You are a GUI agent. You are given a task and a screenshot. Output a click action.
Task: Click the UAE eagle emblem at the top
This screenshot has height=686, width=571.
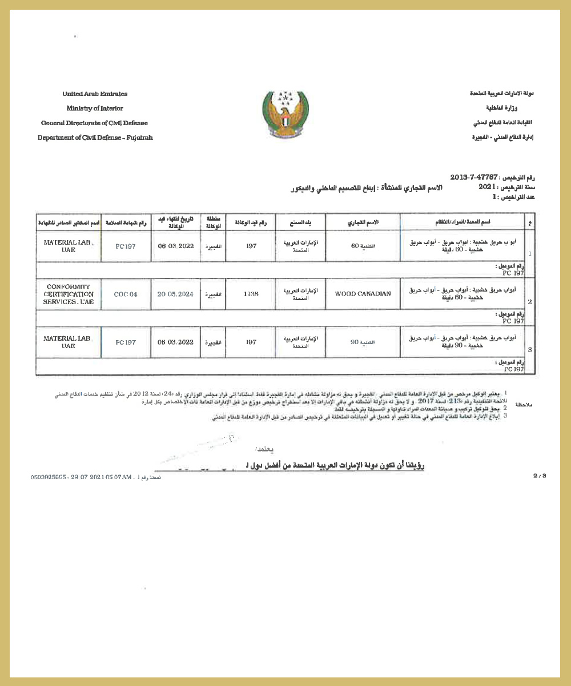coord(285,115)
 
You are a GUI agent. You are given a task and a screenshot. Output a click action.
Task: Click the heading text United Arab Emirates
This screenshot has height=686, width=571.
coord(95,94)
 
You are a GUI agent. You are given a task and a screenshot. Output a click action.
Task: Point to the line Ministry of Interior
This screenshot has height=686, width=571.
coord(95,108)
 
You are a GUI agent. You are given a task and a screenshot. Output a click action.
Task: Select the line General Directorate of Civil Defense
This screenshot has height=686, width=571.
coord(94,123)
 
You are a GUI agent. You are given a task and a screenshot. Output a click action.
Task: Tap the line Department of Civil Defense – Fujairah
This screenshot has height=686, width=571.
coord(95,138)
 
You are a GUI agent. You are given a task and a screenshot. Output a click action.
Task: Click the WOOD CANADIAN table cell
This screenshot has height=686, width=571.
coord(363,294)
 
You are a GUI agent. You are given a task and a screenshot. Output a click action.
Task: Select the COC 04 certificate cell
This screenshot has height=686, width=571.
coord(126,294)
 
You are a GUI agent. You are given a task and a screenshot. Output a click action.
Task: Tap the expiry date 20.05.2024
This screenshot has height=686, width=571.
coord(175,294)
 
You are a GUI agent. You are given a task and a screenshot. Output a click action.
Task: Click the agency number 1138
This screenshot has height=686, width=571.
coord(251,294)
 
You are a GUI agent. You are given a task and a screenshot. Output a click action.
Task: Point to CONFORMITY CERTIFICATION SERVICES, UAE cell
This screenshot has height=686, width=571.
coord(68,294)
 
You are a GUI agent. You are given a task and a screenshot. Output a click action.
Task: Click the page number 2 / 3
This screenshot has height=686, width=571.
coord(540,476)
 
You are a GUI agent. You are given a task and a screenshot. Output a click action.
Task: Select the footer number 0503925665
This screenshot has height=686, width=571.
coord(50,476)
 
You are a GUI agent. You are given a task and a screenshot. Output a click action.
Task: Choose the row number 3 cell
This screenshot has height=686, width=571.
coord(529,350)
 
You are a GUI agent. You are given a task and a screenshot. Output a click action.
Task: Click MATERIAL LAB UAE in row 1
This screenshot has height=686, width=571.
coord(68,246)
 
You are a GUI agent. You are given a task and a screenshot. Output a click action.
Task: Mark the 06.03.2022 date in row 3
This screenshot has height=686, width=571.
coord(175,342)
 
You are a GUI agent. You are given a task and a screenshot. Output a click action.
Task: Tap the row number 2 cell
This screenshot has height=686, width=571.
coord(529,301)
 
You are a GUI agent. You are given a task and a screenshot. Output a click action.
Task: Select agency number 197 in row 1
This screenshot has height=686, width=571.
coord(251,246)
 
